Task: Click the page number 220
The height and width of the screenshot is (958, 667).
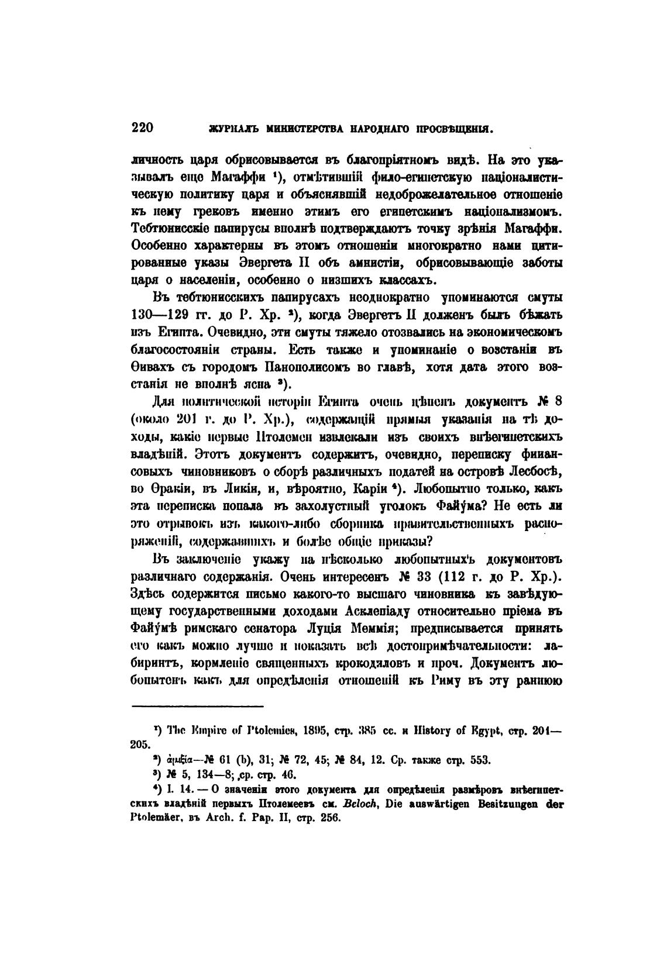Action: click(x=143, y=127)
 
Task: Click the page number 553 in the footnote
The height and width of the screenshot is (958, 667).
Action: click(x=481, y=760)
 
